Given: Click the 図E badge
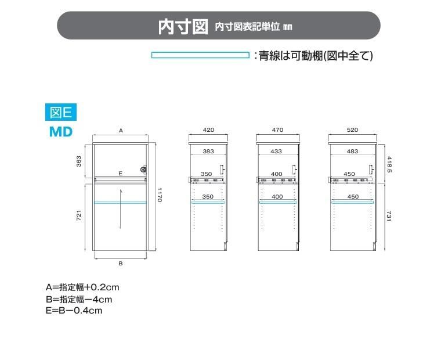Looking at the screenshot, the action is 61,112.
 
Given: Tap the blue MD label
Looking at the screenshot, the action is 61,132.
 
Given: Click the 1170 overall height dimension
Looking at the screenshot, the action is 159,195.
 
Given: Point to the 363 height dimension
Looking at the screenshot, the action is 79,161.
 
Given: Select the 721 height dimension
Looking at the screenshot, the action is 79,215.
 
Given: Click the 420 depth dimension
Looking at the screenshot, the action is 208,129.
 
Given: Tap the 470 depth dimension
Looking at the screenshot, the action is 277,129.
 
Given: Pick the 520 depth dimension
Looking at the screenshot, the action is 352,129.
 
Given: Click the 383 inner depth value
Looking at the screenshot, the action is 208,151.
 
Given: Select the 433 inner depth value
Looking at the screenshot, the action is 276,151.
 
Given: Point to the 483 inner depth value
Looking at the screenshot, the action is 352,151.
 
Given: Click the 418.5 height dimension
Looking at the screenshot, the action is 389,165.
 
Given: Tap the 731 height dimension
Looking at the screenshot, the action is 389,216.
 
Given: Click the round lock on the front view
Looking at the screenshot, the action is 143,169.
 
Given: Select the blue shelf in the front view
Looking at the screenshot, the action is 120,203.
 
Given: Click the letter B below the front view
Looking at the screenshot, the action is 120,264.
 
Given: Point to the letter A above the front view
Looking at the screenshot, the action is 121,130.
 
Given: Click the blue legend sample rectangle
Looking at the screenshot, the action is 200,55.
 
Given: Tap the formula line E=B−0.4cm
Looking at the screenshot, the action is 74,311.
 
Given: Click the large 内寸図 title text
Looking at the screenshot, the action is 183,27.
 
